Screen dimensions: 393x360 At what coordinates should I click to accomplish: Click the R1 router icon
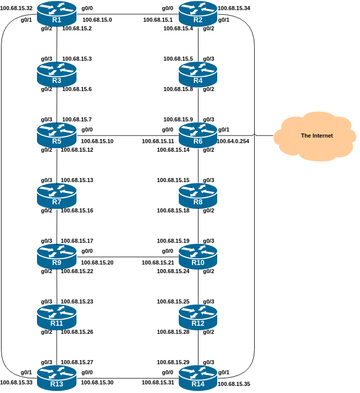coord(57,14)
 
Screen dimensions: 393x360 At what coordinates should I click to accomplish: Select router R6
coord(198,135)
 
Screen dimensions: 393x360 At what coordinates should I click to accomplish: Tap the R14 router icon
coord(198,378)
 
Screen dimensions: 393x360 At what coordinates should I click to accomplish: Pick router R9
coord(57,256)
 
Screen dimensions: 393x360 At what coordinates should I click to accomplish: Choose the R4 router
coord(198,74)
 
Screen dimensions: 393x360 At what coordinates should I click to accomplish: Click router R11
coord(57,317)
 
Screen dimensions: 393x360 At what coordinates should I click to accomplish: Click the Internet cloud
coord(313,136)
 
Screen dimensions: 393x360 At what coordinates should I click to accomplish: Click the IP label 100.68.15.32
coord(16,9)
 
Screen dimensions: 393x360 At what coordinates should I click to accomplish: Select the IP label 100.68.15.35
coord(233,384)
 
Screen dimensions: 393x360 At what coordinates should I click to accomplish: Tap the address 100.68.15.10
coord(97,141)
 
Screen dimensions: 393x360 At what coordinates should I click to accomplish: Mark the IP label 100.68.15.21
coord(158,263)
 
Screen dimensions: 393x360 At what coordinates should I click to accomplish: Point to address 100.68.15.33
coord(16,382)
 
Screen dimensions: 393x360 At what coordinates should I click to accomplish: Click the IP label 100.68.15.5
coord(178,59)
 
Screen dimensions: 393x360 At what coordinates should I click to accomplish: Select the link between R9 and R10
coord(127,256)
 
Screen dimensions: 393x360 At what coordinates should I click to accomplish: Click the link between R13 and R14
coord(127,378)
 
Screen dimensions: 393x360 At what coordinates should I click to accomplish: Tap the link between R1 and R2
coord(127,14)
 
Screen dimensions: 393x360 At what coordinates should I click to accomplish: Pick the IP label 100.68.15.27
coord(76,363)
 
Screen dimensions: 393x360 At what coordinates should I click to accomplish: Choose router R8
coord(198,196)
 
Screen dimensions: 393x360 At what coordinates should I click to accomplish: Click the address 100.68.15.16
coord(77,210)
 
